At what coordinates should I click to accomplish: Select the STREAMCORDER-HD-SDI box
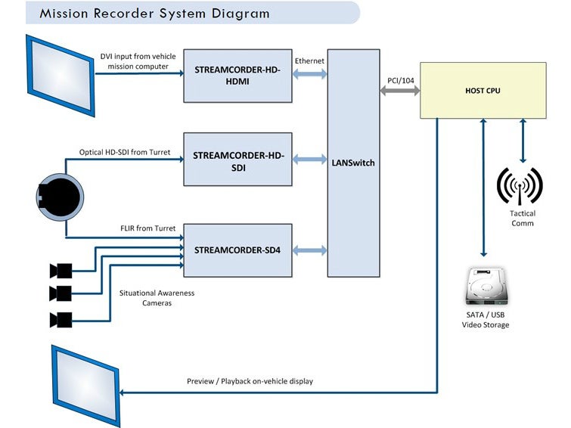pyautogui.click(x=237, y=160)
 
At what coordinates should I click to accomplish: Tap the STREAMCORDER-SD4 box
pyautogui.click(x=237, y=250)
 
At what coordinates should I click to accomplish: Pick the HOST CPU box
pyautogui.click(x=483, y=91)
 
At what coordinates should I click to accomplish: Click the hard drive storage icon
pyautogui.click(x=485, y=288)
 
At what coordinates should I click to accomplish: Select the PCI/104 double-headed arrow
pyautogui.click(x=399, y=90)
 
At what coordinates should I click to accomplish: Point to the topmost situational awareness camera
pyautogui.click(x=61, y=270)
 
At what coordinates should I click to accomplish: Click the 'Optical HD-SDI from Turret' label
pyautogui.click(x=125, y=152)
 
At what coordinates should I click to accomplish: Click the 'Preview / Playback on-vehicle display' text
pyautogui.click(x=250, y=381)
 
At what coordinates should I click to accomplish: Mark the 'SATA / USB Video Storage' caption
pyautogui.click(x=485, y=320)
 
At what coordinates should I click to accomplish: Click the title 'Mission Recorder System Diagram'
pyautogui.click(x=154, y=13)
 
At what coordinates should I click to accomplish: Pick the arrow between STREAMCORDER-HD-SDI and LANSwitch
pyautogui.click(x=310, y=160)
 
